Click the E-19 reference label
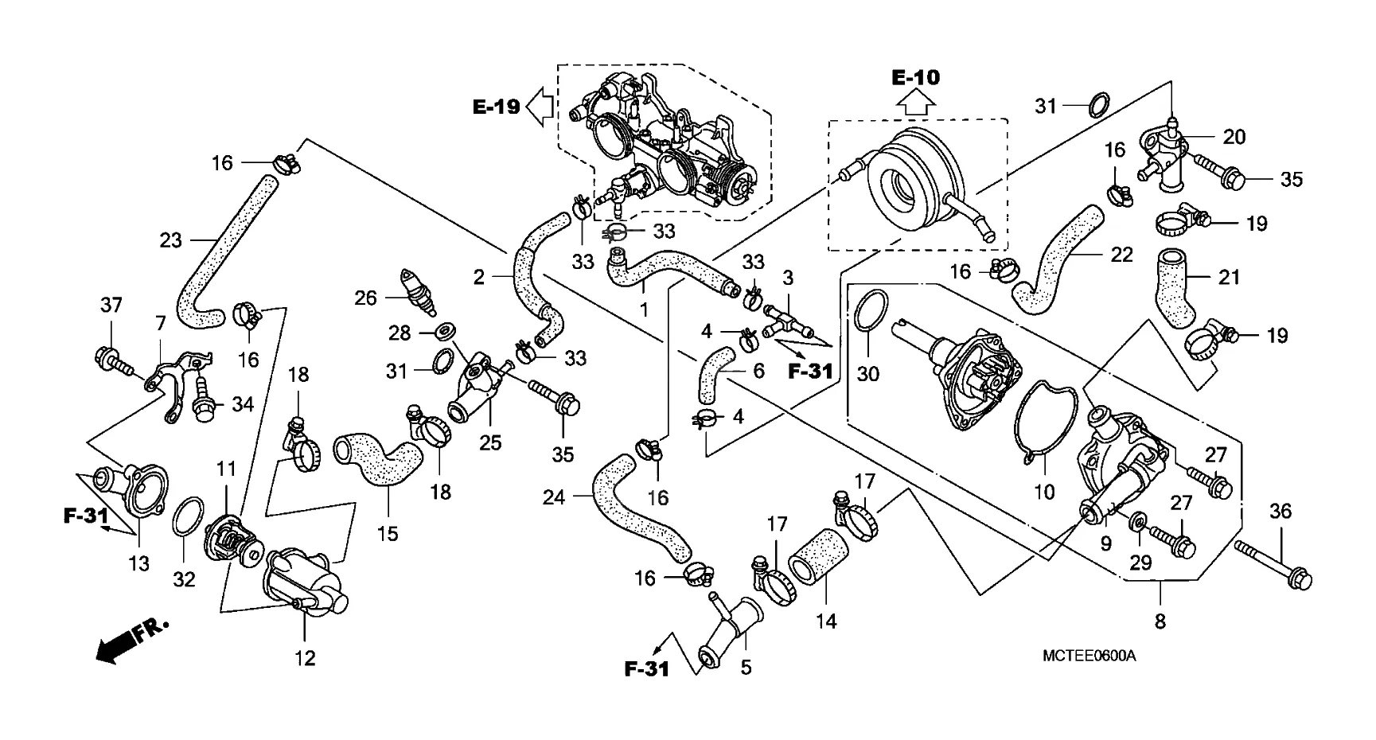click(496, 107)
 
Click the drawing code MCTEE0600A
click(1089, 656)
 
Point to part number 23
click(171, 240)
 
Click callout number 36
click(1282, 511)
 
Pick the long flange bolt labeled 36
click(1273, 563)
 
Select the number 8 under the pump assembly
click(1160, 621)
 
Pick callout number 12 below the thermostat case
click(305, 658)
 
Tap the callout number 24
click(554, 497)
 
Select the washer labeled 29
click(1138, 522)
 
